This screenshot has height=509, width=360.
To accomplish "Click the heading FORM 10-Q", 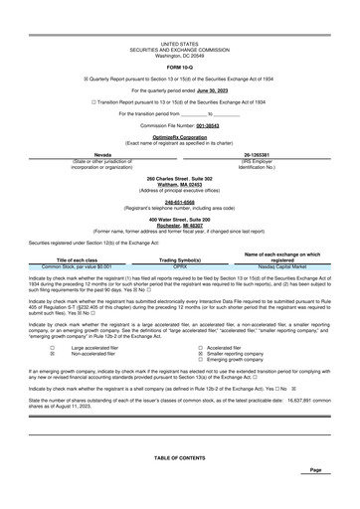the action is point(179,68).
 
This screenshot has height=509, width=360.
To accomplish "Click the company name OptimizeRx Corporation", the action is point(179,137).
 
